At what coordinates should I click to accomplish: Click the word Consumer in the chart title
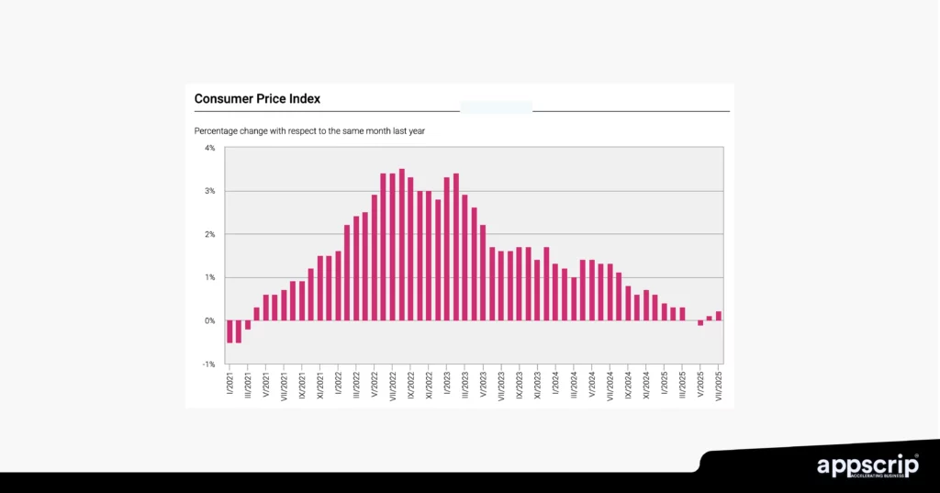click(221, 98)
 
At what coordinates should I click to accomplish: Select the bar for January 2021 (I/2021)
click(229, 331)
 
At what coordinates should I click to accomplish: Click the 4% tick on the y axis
click(210, 148)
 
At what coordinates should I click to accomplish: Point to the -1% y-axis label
click(209, 364)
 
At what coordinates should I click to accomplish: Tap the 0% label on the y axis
click(209, 320)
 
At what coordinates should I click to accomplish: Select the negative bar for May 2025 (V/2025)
click(700, 322)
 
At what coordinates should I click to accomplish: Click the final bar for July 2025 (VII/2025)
click(718, 316)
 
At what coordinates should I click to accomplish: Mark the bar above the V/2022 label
click(375, 257)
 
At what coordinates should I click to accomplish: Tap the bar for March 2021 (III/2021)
click(248, 325)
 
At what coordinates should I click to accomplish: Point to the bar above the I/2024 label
click(555, 292)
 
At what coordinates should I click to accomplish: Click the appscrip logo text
click(867, 465)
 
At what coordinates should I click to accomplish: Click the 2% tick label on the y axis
click(210, 234)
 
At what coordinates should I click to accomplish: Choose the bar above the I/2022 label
click(339, 286)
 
